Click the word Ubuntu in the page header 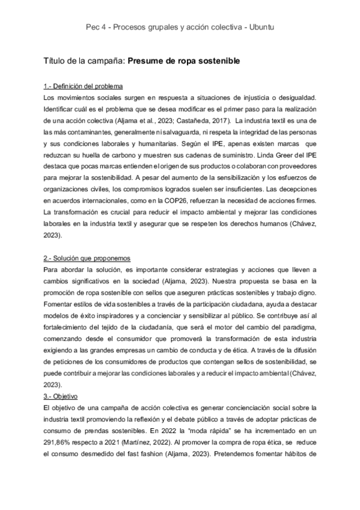[x=261, y=27]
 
